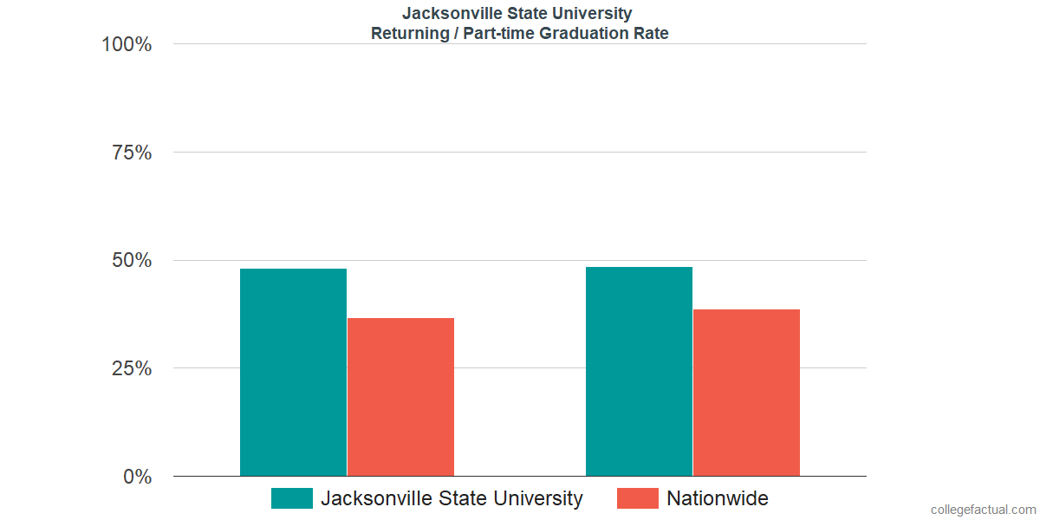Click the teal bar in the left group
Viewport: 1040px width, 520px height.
click(293, 373)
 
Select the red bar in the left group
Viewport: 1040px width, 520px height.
click(400, 397)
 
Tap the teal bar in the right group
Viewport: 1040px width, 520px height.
click(639, 372)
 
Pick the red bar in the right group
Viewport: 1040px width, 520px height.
click(746, 393)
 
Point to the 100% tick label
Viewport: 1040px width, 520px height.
click(127, 44)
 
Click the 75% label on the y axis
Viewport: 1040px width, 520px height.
click(132, 153)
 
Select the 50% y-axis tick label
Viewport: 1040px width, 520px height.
click(132, 261)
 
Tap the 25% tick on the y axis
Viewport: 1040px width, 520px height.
click(132, 368)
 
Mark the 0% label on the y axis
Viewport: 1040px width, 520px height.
click(137, 477)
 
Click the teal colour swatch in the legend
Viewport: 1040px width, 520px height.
click(292, 498)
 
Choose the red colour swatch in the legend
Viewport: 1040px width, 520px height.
click(637, 498)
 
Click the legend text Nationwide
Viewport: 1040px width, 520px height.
click(718, 498)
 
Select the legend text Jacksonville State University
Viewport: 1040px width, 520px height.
click(452, 498)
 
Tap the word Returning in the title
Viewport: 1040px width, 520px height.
click(407, 34)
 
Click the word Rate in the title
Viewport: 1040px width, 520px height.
click(652, 34)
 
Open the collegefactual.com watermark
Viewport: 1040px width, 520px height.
click(983, 510)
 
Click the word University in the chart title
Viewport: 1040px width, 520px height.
click(593, 14)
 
